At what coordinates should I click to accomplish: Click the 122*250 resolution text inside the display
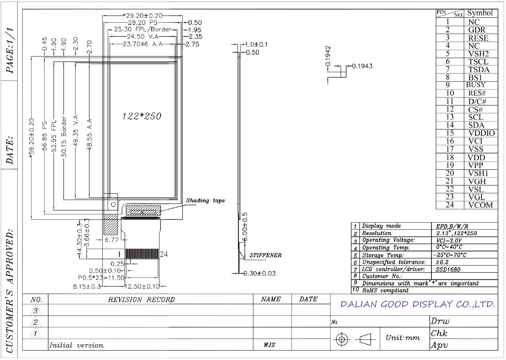point(142,116)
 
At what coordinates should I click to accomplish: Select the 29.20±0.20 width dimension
point(143,16)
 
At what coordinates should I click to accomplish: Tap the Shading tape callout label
point(205,201)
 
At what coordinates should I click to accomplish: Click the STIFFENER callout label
point(265,255)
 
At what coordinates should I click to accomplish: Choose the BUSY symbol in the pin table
point(476,85)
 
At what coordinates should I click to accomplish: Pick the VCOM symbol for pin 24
point(480,205)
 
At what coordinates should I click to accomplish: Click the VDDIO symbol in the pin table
point(482,133)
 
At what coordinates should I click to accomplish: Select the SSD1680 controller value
point(448,269)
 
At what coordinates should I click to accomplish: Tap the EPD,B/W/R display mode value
point(452,226)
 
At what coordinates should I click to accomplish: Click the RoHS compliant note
point(385,291)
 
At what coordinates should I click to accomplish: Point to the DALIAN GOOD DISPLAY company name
point(418,304)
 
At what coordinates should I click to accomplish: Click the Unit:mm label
point(403,337)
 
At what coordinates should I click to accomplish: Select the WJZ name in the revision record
point(269,345)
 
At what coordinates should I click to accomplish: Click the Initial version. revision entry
point(77,345)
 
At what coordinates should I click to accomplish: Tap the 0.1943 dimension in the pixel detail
point(362,66)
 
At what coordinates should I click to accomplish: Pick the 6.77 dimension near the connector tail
point(112,240)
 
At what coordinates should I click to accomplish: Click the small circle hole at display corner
point(113,204)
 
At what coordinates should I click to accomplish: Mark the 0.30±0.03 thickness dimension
point(260,274)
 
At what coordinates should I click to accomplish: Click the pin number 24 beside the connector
point(164,254)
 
